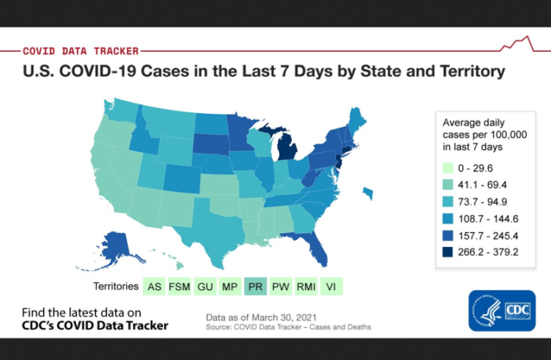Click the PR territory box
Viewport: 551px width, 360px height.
[255, 286]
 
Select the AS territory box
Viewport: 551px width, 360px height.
[155, 286]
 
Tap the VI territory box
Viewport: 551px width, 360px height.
[332, 286]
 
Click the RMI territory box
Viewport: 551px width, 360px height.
[306, 286]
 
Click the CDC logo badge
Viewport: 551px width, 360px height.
[502, 310]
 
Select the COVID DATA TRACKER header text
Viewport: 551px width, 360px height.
[81, 50]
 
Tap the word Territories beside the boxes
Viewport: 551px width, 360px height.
[116, 286]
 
